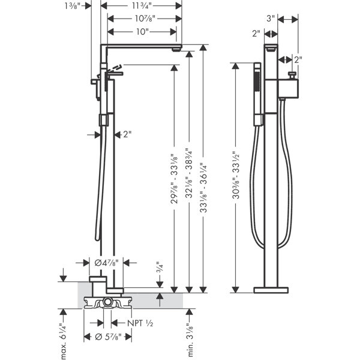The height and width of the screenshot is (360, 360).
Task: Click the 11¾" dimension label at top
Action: click(142, 5)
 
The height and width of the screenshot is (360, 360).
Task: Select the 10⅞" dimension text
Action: click(145, 18)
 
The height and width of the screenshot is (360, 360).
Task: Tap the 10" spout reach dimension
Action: click(142, 31)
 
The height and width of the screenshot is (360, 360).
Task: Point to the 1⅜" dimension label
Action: click(73, 6)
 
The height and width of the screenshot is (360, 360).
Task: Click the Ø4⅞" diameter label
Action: click(107, 262)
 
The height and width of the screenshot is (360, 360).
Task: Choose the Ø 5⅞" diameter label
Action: click(107, 337)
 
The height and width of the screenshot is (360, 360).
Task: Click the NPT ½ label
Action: click(140, 323)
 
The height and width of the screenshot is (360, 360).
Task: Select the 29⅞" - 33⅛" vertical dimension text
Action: click(174, 179)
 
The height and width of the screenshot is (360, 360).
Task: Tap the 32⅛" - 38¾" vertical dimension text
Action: click(189, 173)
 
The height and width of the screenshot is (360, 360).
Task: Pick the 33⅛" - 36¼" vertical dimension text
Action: click(203, 188)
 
